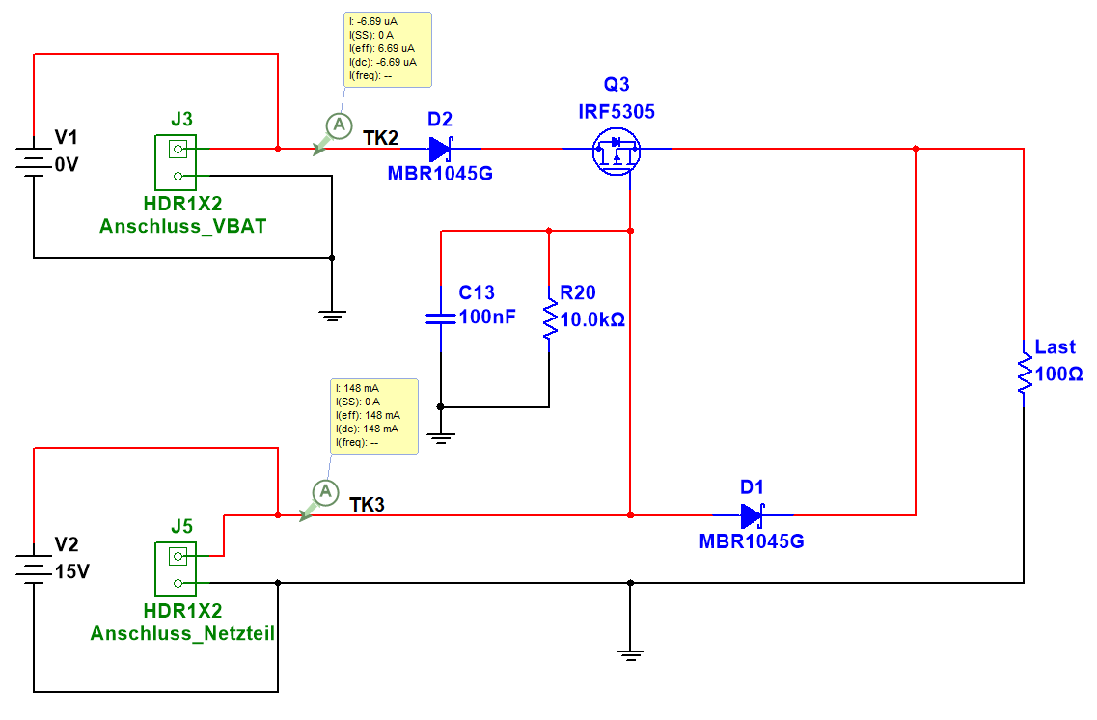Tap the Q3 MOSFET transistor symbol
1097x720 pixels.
[x=616, y=151]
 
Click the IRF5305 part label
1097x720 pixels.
[x=616, y=112]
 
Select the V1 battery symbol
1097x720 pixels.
[x=34, y=160]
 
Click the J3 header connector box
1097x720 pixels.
[x=176, y=162]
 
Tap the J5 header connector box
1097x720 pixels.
[x=176, y=569]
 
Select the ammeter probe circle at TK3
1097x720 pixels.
[x=326, y=492]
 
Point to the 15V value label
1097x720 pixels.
[x=72, y=571]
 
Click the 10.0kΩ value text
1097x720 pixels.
[x=592, y=319]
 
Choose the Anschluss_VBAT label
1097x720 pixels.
[x=182, y=227]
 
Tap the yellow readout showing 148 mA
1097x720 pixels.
[x=375, y=415]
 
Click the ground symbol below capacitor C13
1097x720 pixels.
[x=441, y=435]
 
